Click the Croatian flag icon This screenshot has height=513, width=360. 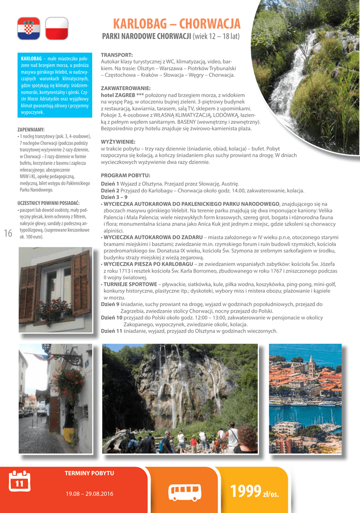29,29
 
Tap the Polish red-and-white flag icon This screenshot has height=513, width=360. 57,29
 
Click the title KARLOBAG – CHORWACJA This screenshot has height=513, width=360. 177,24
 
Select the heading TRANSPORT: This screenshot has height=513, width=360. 117,54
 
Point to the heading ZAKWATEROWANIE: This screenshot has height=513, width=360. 126,88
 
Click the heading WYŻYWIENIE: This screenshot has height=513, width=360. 118,142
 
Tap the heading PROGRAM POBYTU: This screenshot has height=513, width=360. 126,175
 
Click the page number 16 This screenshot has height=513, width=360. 8,233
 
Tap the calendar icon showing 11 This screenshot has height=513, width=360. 20,481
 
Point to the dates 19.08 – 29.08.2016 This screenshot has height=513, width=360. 89,494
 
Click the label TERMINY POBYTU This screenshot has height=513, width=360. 89,473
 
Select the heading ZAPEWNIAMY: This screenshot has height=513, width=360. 31,130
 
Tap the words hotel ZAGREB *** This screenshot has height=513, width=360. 123,95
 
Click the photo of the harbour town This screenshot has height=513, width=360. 305,398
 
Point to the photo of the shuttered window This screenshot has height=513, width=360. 55,289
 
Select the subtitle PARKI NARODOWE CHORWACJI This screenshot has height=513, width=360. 147,37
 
